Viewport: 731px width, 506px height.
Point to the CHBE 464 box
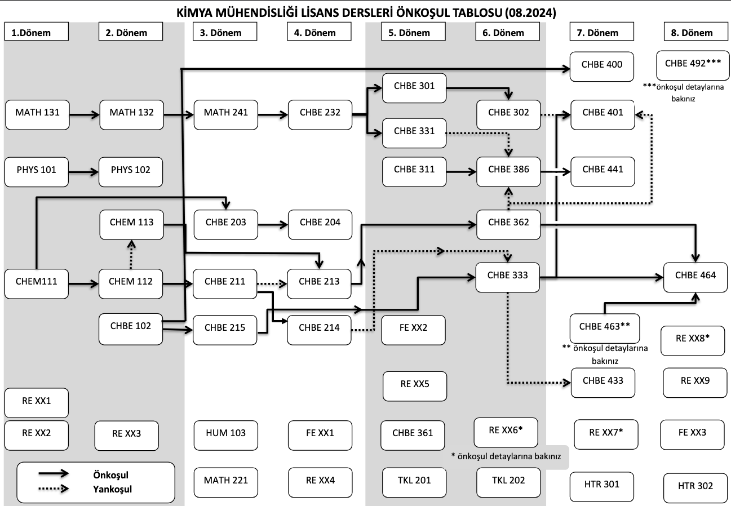(695, 276)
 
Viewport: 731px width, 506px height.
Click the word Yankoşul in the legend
(112, 489)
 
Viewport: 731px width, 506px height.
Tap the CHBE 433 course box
(602, 381)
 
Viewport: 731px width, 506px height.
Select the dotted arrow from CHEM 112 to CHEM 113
(132, 254)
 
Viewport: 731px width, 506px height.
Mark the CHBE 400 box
(602, 65)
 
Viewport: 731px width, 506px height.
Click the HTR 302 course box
(695, 486)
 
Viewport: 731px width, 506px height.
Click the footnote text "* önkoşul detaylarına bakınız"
(506, 457)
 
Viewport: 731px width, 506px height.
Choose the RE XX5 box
(415, 385)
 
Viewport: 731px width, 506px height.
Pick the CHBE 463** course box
(604, 327)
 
